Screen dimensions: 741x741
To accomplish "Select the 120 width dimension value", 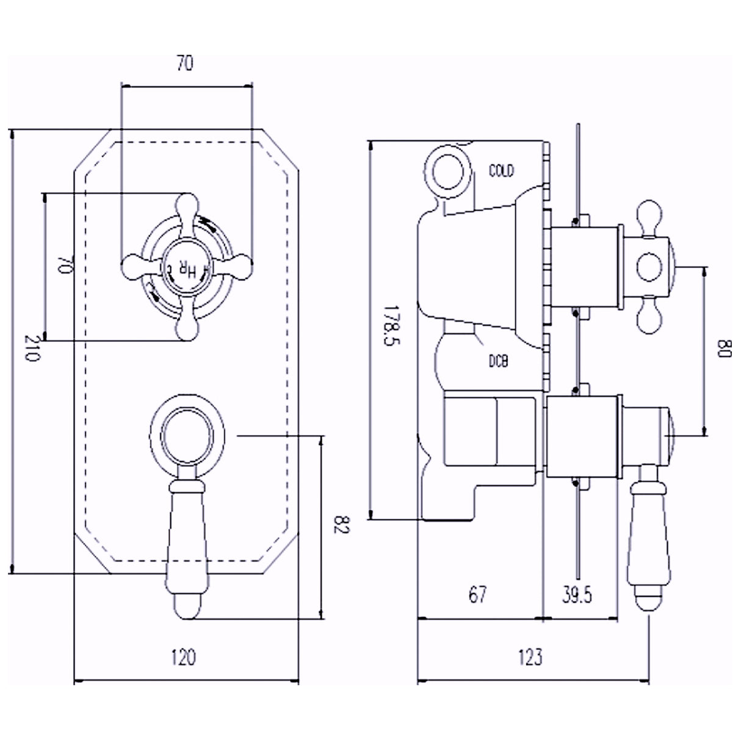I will point(184,657).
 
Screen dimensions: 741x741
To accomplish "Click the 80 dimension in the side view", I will point(723,350).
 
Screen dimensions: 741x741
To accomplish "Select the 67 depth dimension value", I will point(477,594).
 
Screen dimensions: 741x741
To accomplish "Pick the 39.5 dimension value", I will point(577,594).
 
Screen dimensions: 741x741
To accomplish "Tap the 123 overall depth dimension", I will point(529,657).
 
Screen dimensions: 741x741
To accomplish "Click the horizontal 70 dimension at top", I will point(185,63).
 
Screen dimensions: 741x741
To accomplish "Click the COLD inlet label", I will point(502,170).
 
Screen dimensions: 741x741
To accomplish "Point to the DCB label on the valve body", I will point(498,362).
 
